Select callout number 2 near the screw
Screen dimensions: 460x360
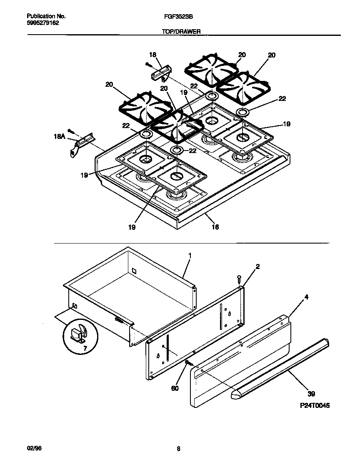point(257,266)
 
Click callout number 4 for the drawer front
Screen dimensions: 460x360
point(306,297)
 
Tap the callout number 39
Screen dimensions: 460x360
point(311,393)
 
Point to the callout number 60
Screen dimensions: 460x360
point(175,388)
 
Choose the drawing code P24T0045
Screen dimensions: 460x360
point(314,405)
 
